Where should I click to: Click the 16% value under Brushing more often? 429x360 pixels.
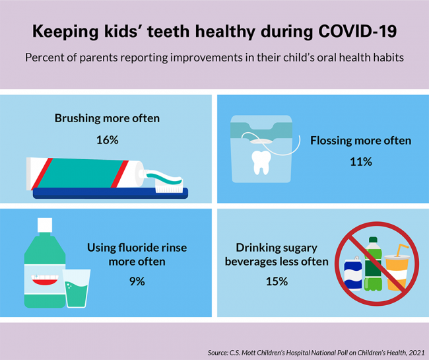pyautogui.click(x=107, y=141)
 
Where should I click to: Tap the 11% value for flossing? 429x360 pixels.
pyautogui.click(x=360, y=162)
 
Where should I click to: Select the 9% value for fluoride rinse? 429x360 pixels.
pyautogui.click(x=137, y=281)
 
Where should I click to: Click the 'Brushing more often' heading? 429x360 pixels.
pyautogui.click(x=107, y=119)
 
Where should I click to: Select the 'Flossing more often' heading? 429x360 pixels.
pyautogui.click(x=360, y=141)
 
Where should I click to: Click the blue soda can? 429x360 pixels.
pyautogui.click(x=353, y=273)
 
